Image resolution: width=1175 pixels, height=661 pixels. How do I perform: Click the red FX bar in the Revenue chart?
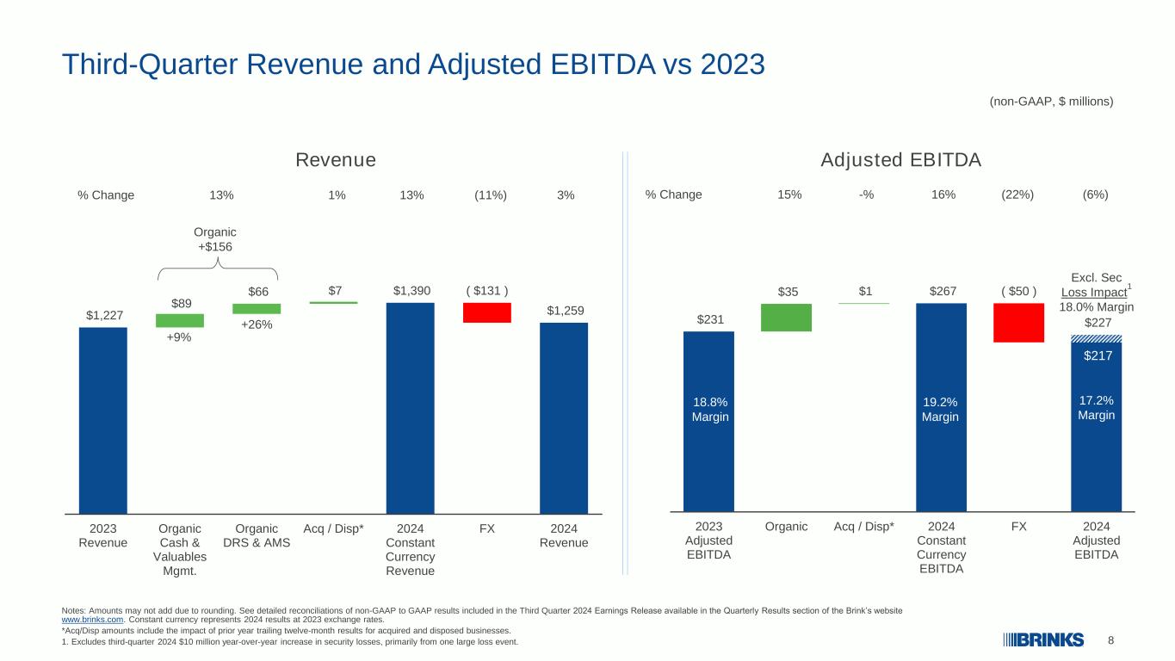(x=487, y=312)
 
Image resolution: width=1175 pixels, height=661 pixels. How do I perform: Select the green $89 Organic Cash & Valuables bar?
(x=179, y=320)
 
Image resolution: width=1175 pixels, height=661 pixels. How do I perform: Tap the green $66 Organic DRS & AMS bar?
(x=257, y=308)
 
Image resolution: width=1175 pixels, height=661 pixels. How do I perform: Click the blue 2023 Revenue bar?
(x=102, y=421)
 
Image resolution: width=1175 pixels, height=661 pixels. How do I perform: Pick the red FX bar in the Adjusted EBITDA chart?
(x=1018, y=323)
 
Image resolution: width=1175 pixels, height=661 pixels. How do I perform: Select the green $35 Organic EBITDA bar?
(x=786, y=318)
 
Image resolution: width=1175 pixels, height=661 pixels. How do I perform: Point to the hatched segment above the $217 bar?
(x=1097, y=339)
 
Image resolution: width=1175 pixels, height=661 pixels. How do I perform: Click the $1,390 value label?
(x=411, y=291)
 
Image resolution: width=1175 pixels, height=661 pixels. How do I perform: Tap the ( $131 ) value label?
(x=487, y=291)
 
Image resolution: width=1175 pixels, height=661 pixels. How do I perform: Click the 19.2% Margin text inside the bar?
(x=940, y=409)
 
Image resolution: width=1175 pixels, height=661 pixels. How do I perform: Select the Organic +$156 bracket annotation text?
(x=215, y=239)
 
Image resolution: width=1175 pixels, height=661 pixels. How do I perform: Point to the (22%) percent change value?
(x=1017, y=195)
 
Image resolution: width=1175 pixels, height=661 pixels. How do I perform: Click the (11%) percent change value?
(x=491, y=195)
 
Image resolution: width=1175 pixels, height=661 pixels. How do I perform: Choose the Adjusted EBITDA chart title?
(x=900, y=159)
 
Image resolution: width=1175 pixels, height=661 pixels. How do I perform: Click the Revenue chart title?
(x=336, y=159)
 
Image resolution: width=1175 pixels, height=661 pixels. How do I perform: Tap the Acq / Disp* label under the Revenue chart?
(x=334, y=528)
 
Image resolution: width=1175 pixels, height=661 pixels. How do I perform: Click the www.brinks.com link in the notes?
(x=92, y=620)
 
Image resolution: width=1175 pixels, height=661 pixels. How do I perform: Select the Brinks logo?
(x=1043, y=640)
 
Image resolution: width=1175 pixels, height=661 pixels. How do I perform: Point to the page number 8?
(x=1110, y=640)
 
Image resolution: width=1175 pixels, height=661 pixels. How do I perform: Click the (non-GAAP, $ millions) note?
(x=1051, y=102)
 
